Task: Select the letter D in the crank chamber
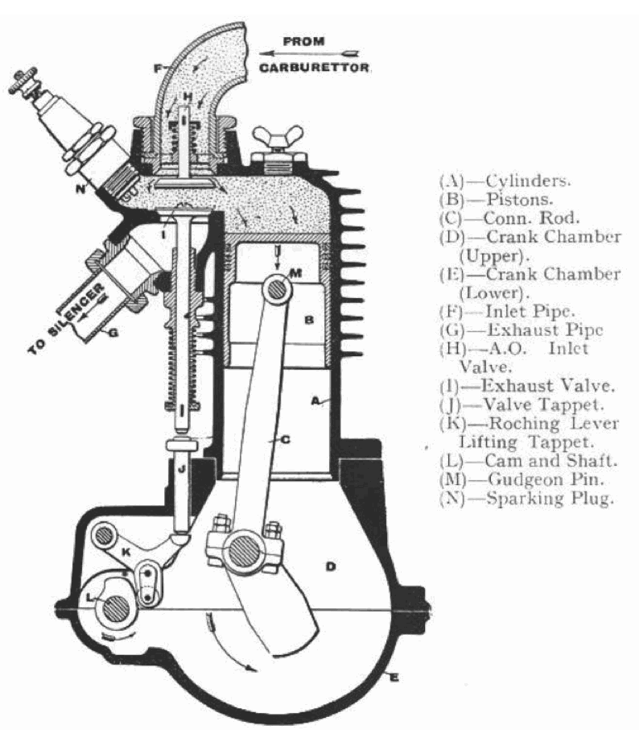329,566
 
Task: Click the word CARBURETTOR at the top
315,68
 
